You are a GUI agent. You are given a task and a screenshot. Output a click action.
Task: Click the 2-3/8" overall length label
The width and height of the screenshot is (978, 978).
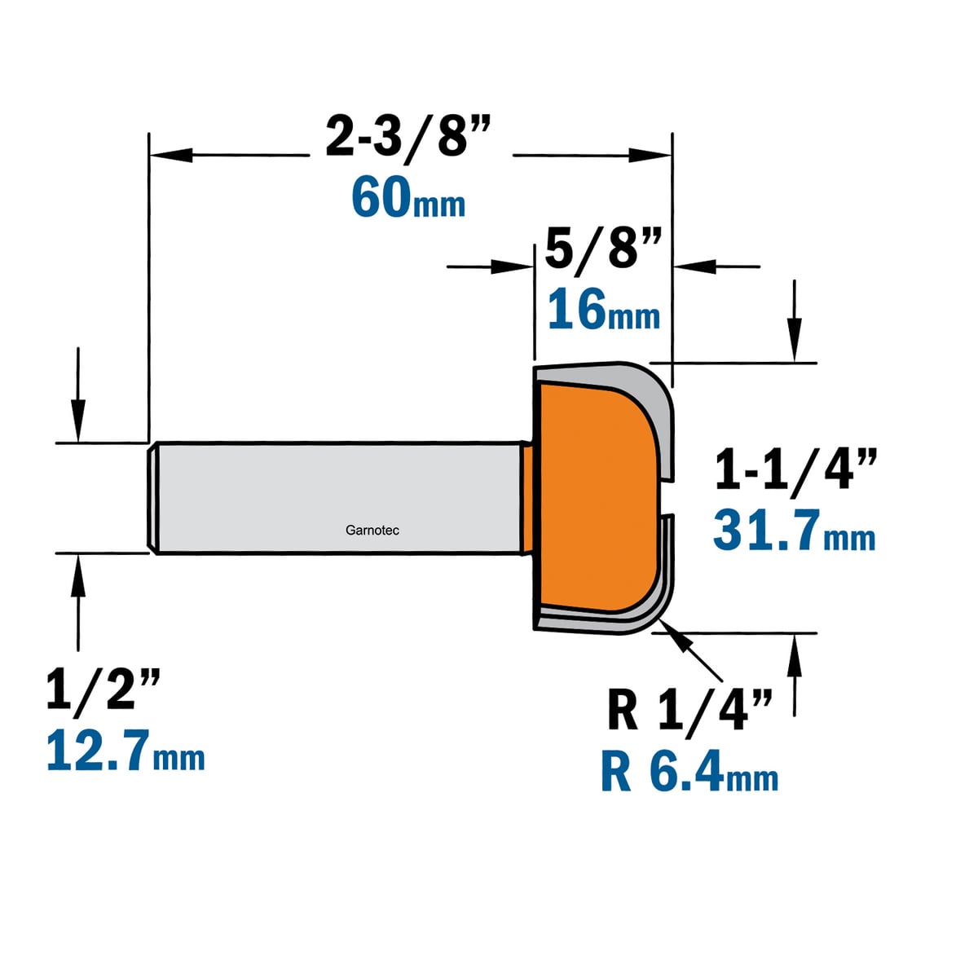408,139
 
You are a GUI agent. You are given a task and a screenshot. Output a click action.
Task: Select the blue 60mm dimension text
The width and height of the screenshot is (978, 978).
408,200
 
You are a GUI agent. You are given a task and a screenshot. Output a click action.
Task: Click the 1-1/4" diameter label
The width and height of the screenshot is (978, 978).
795,470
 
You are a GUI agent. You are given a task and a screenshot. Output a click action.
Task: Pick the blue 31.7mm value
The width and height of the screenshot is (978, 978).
795,531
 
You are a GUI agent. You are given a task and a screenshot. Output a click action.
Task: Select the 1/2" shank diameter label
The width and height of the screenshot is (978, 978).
104,689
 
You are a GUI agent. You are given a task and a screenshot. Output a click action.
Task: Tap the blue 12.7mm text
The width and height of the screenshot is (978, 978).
126,750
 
